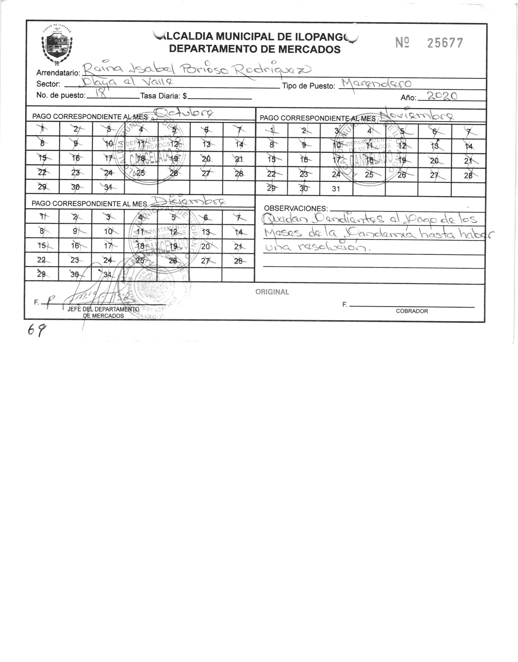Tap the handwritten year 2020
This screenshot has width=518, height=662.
(442, 96)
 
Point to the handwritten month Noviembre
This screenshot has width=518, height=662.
(416, 116)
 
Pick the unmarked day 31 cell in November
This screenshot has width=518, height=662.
(336, 189)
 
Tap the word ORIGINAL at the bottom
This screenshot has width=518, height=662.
(272, 292)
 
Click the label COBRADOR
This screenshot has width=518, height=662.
(412, 311)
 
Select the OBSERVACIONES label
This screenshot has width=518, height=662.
(296, 209)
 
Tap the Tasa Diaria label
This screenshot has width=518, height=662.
(163, 96)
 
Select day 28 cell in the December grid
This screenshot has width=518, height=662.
(238, 261)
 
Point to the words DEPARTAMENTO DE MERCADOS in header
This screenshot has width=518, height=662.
(255, 49)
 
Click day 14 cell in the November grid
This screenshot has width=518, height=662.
(468, 146)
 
